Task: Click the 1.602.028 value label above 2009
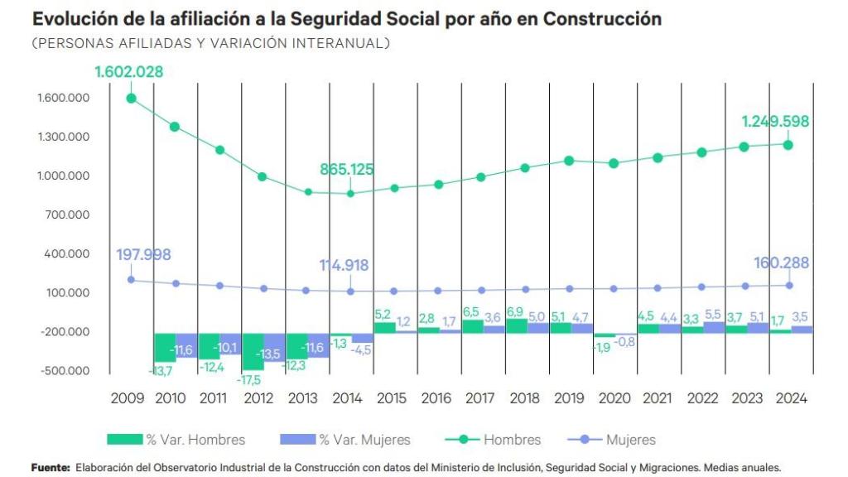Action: click(x=128, y=72)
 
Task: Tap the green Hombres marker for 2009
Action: click(x=131, y=99)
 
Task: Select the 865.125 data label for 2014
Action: click(x=347, y=170)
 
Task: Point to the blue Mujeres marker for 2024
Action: click(x=789, y=286)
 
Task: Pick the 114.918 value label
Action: click(x=344, y=266)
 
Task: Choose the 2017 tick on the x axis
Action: click(x=480, y=398)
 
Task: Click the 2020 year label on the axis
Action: click(x=613, y=398)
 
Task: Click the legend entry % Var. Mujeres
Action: click(x=345, y=440)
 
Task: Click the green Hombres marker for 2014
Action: click(x=350, y=194)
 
